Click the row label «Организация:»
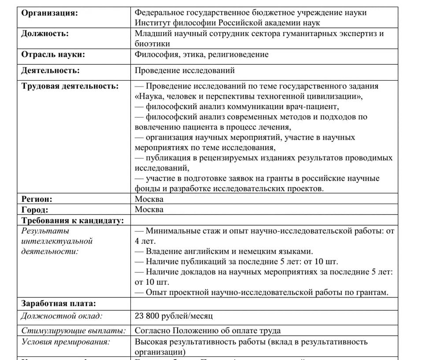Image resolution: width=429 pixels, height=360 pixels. [x=49, y=13]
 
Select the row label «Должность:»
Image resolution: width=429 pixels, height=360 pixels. [x=45, y=33]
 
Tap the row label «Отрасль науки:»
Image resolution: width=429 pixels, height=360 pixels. [x=53, y=55]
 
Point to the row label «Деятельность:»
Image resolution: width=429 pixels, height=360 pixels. [x=51, y=71]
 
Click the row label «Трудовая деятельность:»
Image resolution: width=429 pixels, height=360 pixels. [x=70, y=86]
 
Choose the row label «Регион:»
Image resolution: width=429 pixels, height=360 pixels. [x=37, y=199]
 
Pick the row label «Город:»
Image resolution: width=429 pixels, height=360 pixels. [x=35, y=210]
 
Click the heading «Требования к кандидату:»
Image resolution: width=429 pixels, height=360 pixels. [x=73, y=220]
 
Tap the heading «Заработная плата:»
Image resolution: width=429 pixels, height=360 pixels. [x=58, y=303]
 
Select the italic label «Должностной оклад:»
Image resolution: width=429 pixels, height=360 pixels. [x=62, y=316]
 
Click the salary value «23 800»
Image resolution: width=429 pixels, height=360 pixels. [x=148, y=316]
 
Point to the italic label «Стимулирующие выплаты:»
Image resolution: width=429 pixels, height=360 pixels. [x=74, y=331]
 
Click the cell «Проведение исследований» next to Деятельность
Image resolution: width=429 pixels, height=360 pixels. [x=185, y=71]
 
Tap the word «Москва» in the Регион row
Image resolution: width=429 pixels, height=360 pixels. [x=149, y=199]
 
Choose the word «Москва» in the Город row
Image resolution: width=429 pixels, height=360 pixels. [x=149, y=210]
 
